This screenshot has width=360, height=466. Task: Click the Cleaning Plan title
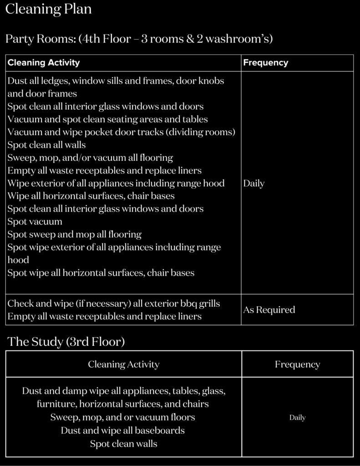coord(48,9)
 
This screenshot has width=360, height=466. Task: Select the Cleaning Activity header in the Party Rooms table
coord(44,63)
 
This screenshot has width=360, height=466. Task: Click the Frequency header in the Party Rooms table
coord(265,63)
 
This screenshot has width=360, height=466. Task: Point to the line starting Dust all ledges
coord(116,81)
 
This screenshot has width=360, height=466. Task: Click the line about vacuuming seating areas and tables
coord(107,119)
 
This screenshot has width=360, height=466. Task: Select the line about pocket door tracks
coord(121,132)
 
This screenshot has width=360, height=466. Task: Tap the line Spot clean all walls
coord(46,145)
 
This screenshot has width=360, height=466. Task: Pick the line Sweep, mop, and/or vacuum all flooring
coord(90,158)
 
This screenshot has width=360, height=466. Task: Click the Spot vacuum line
coord(35,222)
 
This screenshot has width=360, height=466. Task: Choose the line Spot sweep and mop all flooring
coord(74,234)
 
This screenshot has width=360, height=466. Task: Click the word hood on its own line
coord(18,260)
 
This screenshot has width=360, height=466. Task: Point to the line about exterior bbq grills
coord(113,303)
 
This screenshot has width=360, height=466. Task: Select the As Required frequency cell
coord(269,309)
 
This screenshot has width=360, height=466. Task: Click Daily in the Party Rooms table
coord(254,183)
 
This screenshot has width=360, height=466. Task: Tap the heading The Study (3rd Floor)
coord(66,342)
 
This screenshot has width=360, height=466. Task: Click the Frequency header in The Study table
coord(297,364)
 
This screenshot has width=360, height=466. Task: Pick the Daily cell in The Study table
coord(297,417)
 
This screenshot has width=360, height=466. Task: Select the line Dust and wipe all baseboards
coord(123,430)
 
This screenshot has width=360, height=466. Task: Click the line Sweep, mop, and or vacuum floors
coord(123,417)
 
